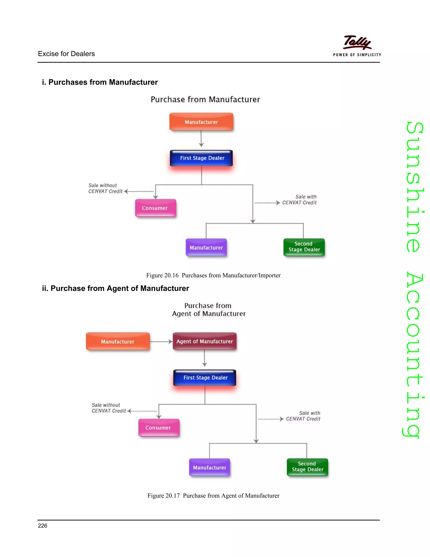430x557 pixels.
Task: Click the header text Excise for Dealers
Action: [x=66, y=54]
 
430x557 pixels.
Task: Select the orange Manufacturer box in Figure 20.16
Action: [x=201, y=122]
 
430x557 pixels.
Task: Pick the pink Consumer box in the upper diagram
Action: [x=155, y=208]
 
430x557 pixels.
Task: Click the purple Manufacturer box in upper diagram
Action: [x=206, y=247]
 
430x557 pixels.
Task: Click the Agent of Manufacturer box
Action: [x=205, y=341]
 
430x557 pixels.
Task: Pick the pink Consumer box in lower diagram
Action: [x=159, y=428]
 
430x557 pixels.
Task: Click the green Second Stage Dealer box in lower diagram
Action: [x=307, y=467]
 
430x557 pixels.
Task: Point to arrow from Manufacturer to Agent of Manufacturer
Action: [x=161, y=342]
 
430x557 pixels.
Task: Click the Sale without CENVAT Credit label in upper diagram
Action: [x=105, y=188]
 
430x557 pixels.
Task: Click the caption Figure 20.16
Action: [x=213, y=275]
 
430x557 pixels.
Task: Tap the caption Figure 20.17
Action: [x=213, y=496]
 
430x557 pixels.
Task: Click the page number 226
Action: [x=43, y=526]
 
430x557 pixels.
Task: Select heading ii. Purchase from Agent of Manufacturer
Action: [x=115, y=288]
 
